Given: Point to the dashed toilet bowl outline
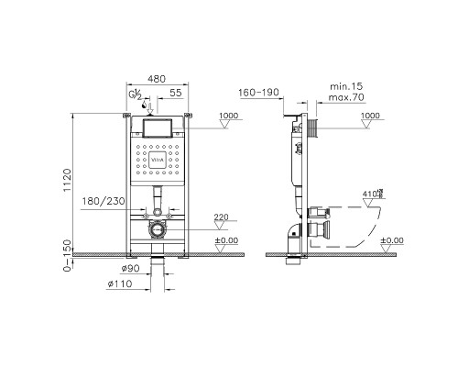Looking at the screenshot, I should tap(362, 225).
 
